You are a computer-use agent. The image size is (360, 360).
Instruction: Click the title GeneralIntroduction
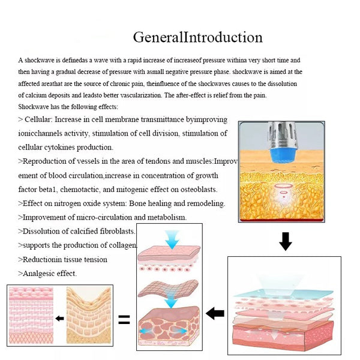[197, 37]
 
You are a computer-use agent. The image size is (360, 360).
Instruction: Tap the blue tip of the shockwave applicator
[282, 155]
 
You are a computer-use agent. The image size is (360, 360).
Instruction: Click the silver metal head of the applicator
[282, 136]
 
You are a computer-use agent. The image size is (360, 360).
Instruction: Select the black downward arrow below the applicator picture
[286, 241]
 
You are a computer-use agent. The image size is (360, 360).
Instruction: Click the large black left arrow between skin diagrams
[215, 313]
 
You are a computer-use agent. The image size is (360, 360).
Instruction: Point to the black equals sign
[124, 319]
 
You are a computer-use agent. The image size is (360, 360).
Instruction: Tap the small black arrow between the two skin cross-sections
[59, 319]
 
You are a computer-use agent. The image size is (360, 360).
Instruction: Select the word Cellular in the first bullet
[38, 119]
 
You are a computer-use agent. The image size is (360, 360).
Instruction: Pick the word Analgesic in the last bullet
[39, 274]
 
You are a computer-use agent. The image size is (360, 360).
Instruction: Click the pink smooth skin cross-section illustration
[31, 315]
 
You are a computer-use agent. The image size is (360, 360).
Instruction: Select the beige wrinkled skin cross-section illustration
[89, 315]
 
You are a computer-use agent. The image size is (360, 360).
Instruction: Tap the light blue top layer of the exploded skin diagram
[284, 293]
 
